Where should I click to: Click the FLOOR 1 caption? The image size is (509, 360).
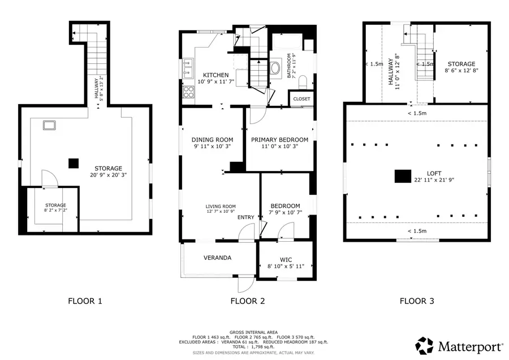point(85,301)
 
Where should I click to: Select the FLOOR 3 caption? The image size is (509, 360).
point(417,301)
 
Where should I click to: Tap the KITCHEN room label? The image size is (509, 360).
point(216,75)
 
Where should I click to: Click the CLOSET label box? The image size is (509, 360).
point(301,99)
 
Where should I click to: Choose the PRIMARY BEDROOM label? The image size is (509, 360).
point(279,140)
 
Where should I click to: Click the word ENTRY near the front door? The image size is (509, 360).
point(245,217)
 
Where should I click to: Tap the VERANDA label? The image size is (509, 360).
point(218,258)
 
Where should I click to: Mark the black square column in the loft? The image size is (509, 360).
point(402,176)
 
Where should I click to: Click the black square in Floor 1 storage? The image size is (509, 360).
point(73,163)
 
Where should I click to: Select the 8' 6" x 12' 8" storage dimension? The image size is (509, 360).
point(461,71)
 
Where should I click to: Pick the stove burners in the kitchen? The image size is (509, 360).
point(187,92)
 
